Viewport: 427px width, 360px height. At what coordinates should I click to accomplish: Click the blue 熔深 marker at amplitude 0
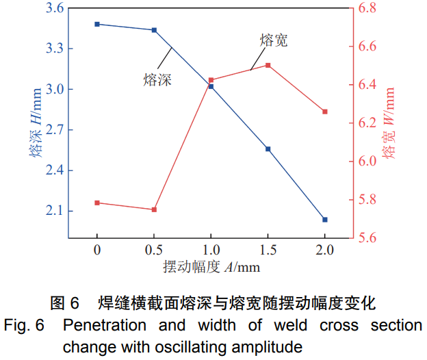coord(97,24)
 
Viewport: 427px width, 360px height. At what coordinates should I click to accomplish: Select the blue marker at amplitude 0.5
coord(154,30)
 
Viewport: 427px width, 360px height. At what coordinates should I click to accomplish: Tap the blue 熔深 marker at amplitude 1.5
coord(268,149)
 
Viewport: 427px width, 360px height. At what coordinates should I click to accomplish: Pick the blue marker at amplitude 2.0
coord(325,220)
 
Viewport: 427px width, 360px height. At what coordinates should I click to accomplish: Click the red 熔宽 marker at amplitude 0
coord(97,203)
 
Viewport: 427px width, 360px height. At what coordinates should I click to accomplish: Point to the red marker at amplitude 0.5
coord(154,209)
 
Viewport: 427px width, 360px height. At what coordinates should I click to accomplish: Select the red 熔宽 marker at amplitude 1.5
coord(268,65)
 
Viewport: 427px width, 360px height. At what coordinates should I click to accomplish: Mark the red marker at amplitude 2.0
coord(325,112)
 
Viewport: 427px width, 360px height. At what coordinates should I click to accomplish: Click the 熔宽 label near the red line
coord(274,40)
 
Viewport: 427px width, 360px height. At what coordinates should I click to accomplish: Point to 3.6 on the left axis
coord(54,9)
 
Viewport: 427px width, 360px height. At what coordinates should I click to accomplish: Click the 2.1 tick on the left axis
coord(54,211)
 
